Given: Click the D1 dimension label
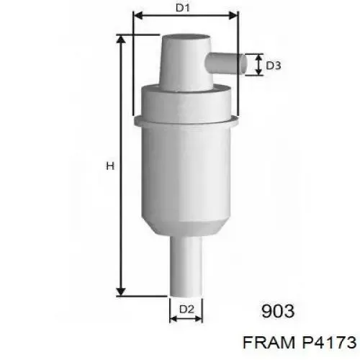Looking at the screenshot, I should (183, 9).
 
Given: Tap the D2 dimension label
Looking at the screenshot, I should (186, 310).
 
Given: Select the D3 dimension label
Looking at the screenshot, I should (274, 66).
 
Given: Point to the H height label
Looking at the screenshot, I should (110, 166).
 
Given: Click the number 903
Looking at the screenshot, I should (277, 311).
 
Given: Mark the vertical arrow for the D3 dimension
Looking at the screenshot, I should (257, 64).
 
